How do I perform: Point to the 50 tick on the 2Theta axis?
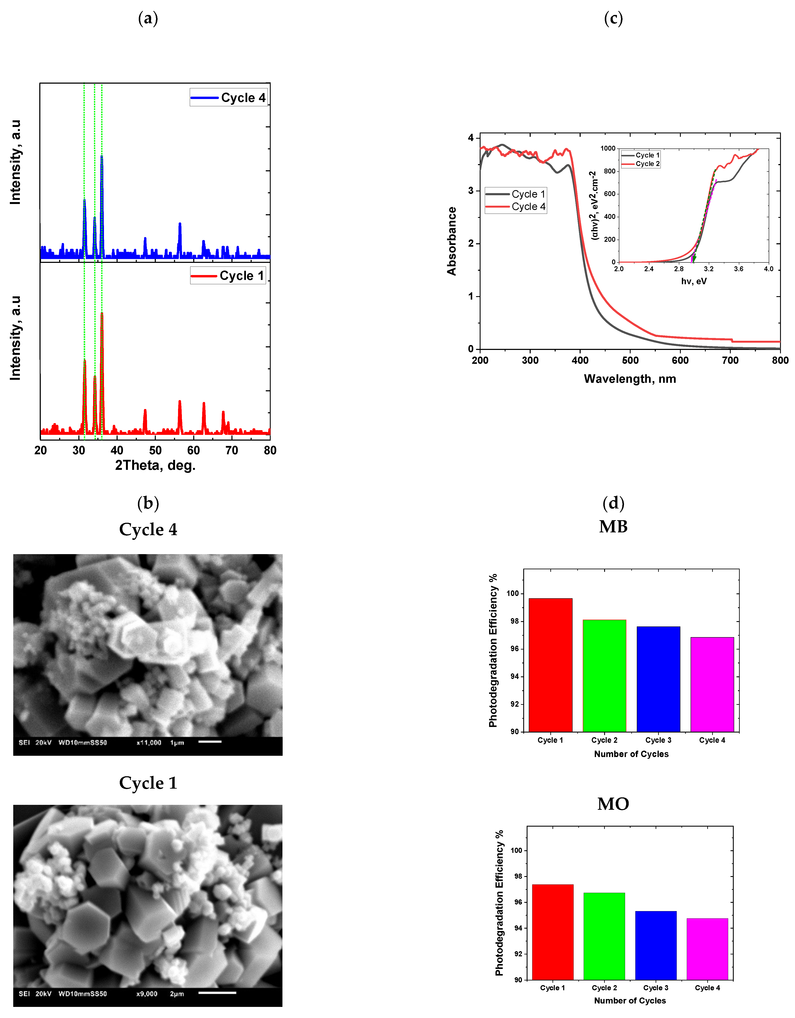coord(155,450)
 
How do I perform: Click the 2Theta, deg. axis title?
coord(155,465)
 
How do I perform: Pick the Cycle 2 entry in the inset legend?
coord(641,164)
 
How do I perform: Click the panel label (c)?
coord(613,19)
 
